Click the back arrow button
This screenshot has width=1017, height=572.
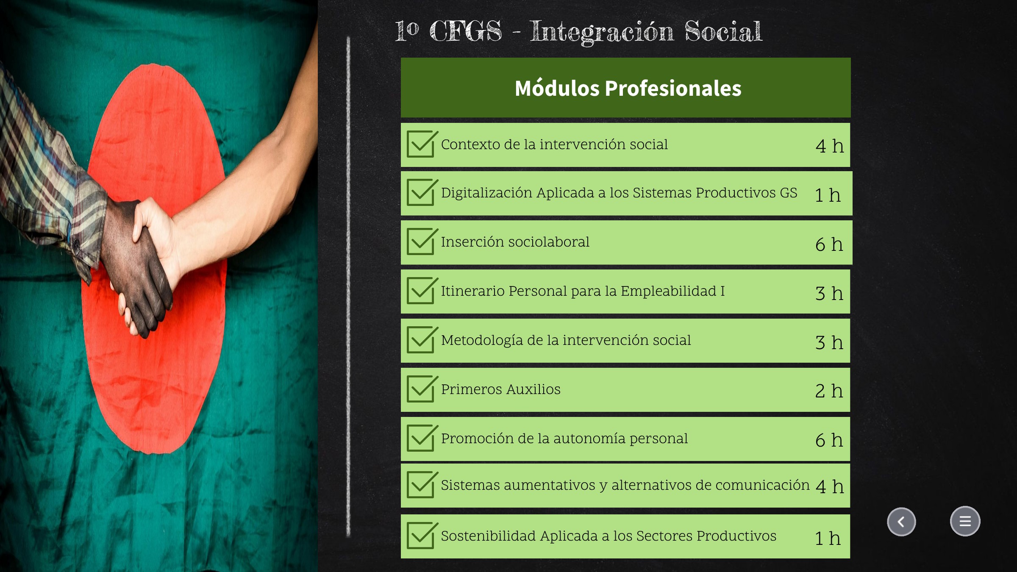[x=901, y=522]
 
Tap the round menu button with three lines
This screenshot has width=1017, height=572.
[x=965, y=521]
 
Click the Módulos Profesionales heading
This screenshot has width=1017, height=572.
[x=628, y=88]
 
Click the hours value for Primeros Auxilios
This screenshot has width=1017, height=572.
[x=829, y=391]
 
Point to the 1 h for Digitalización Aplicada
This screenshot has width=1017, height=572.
[x=828, y=195]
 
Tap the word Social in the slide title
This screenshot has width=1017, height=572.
[x=723, y=31]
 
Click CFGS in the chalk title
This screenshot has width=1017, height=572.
[x=466, y=31]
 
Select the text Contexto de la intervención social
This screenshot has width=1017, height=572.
[x=554, y=144]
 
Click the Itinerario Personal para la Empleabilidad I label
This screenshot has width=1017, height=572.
[x=583, y=291]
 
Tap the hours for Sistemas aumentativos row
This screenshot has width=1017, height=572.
[x=830, y=486]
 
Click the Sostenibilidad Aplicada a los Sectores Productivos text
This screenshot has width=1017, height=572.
[x=609, y=536]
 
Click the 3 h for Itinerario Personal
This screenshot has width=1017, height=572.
[x=829, y=293]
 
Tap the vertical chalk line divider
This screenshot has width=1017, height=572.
[x=348, y=287]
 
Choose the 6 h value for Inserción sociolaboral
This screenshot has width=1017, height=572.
[x=829, y=244]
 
